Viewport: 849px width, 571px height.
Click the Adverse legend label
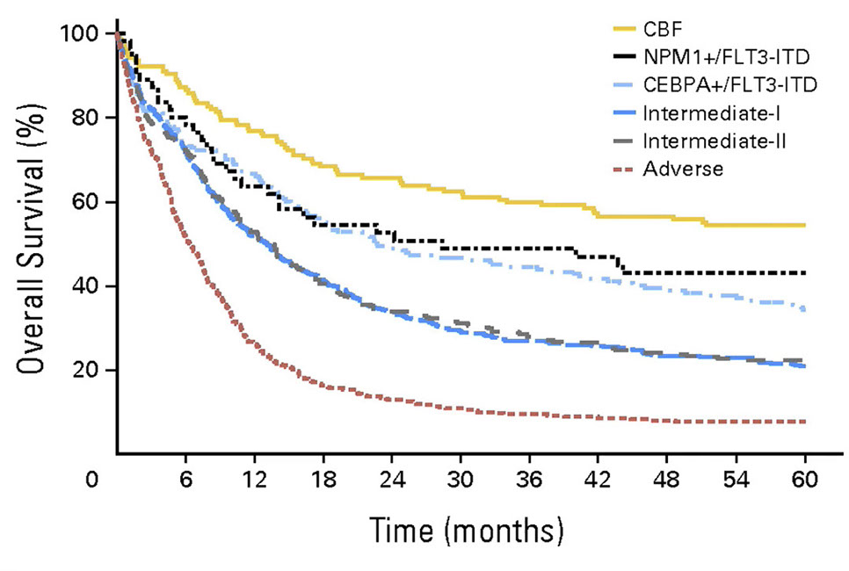[x=683, y=169]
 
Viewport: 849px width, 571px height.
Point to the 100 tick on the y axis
[x=84, y=34]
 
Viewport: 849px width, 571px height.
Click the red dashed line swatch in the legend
[x=620, y=169]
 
